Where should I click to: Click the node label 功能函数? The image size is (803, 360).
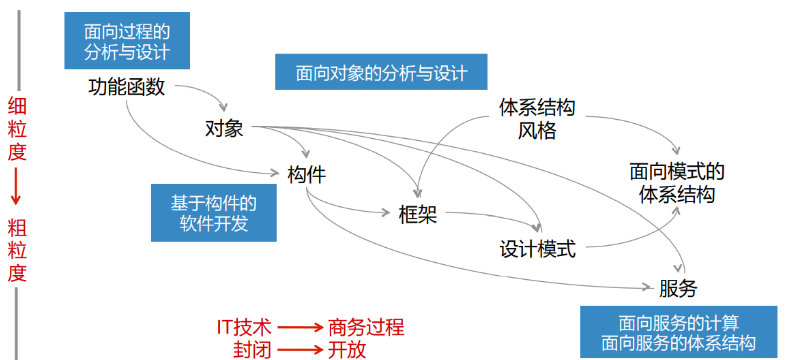[x=126, y=87]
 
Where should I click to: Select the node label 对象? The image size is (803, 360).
[x=224, y=129]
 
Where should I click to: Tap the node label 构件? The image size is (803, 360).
[x=306, y=174]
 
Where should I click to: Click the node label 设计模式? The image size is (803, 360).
[x=538, y=248]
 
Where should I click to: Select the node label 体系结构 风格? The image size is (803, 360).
[x=537, y=118]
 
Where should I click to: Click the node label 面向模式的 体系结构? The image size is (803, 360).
[x=677, y=182]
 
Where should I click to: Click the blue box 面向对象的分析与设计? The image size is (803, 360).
[x=383, y=72]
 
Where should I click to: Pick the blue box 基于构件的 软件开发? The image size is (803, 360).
[x=213, y=212]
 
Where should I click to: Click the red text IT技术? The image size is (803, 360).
[x=244, y=327]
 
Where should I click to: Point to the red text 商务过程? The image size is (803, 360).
[x=366, y=327]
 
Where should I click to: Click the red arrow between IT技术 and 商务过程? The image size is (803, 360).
[x=298, y=327]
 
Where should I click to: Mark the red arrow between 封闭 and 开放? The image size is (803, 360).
[x=298, y=349]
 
